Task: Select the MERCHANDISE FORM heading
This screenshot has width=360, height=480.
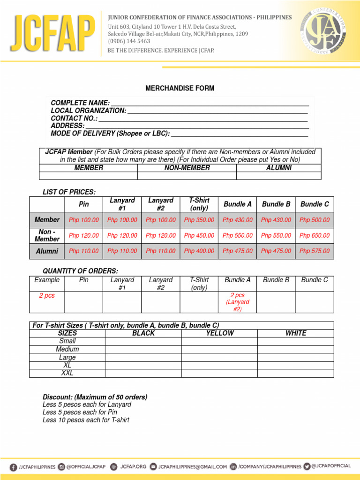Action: tap(180, 88)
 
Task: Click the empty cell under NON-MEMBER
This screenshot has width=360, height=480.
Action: tap(187, 176)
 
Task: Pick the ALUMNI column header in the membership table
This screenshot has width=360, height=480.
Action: tap(278, 168)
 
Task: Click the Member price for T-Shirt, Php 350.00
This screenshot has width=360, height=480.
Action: tap(199, 220)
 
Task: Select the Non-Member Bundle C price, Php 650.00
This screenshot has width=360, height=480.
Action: tap(315, 235)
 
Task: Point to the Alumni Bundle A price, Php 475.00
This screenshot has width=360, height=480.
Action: tap(237, 251)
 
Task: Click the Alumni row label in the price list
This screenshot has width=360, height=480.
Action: tap(47, 251)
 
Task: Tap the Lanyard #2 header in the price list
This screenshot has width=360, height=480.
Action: tap(160, 204)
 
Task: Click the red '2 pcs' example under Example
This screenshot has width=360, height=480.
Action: tap(46, 296)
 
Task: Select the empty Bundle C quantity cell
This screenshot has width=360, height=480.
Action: tap(315, 302)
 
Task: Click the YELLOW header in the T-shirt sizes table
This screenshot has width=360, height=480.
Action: tap(220, 333)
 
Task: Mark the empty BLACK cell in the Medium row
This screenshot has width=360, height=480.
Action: tap(143, 349)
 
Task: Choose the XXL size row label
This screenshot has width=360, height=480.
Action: tap(67, 373)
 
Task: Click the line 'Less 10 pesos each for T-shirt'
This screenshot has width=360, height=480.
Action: tap(86, 420)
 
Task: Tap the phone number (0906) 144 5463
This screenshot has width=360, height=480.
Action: tap(129, 41)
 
